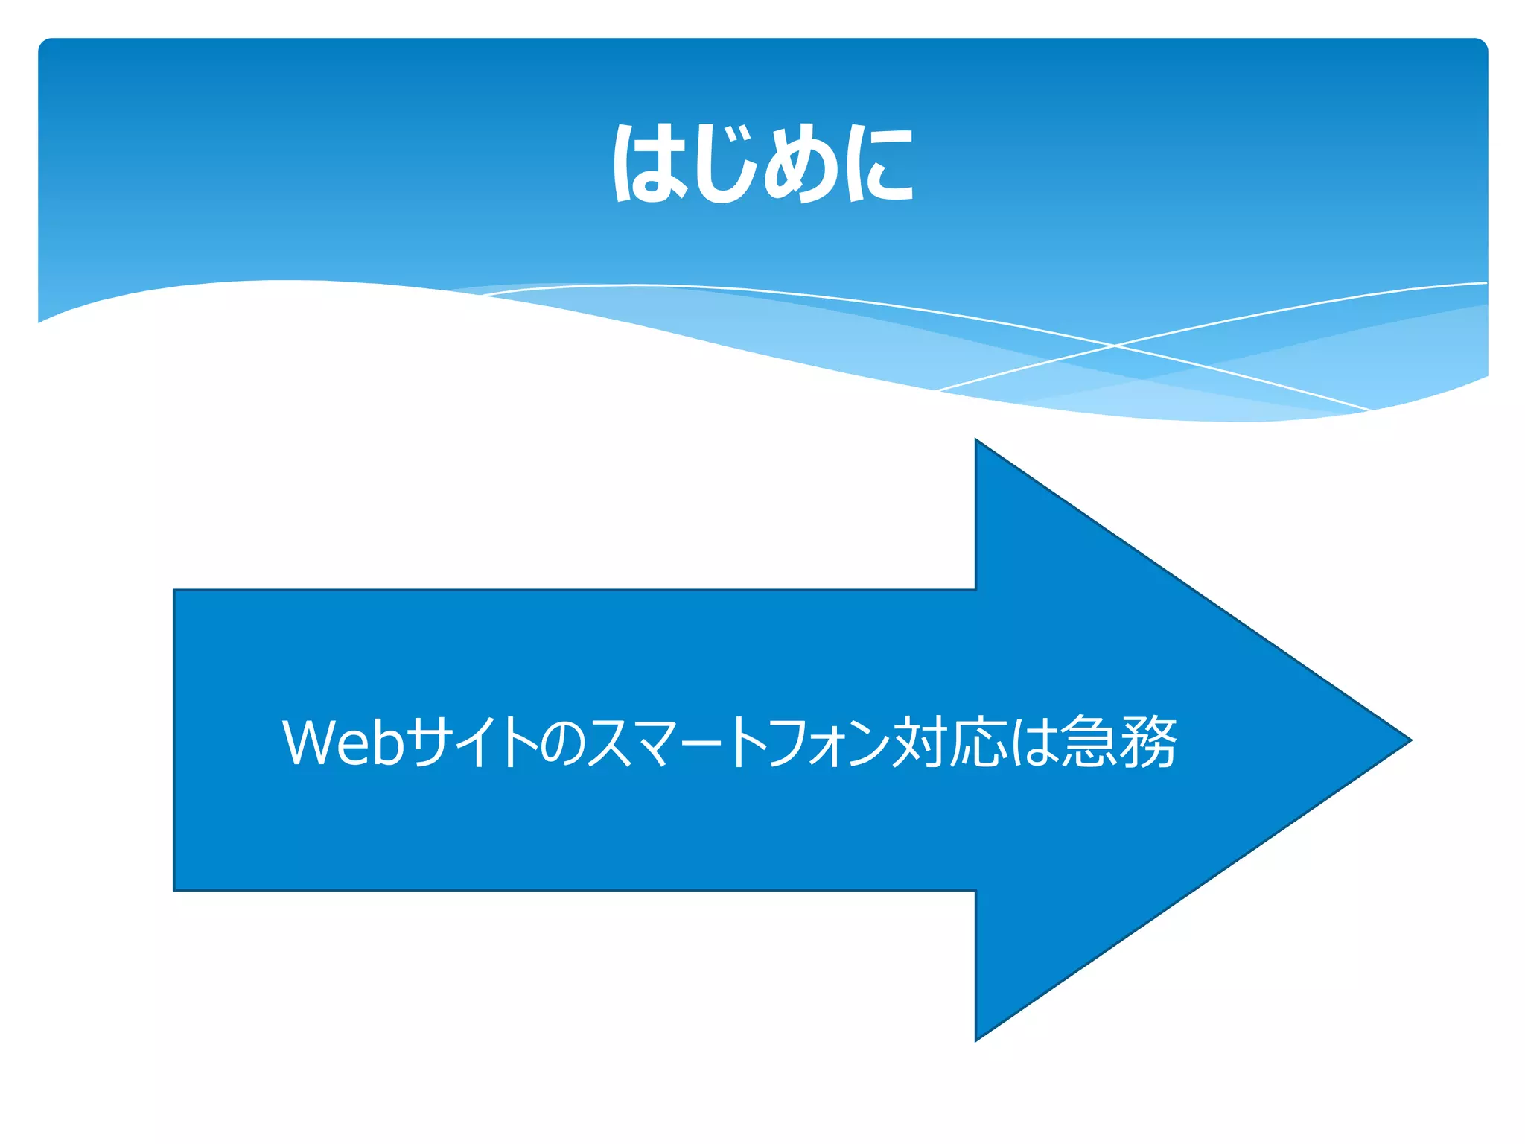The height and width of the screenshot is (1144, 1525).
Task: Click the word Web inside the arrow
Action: (343, 742)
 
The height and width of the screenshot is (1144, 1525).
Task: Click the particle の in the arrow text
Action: (564, 743)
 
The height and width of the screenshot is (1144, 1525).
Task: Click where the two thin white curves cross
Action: (1115, 346)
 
